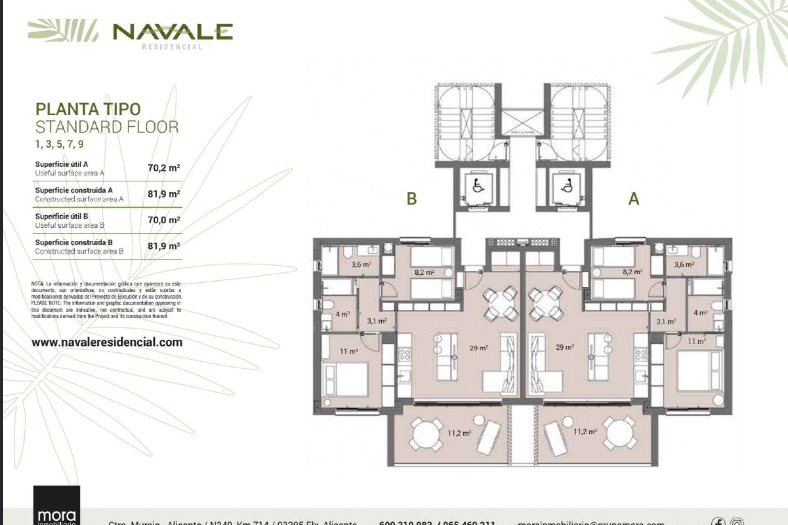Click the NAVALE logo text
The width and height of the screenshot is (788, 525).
tap(173, 32)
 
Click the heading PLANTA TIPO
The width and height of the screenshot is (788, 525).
tap(88, 109)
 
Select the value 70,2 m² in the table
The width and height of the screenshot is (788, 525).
tap(164, 168)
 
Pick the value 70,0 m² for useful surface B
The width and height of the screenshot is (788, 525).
tap(164, 220)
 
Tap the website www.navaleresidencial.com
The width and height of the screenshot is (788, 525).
tap(107, 342)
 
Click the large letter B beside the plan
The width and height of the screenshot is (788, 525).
tap(412, 199)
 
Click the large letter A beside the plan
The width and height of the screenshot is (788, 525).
tap(634, 199)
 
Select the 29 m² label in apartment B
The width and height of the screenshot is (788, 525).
tap(479, 348)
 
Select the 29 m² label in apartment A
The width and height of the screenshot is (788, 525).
tap(565, 347)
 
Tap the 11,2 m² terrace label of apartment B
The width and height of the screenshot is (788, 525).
tap(459, 433)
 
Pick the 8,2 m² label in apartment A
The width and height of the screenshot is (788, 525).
tap(632, 272)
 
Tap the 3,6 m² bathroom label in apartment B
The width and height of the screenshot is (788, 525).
tap(361, 265)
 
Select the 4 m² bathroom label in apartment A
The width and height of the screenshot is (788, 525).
tap(700, 313)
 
